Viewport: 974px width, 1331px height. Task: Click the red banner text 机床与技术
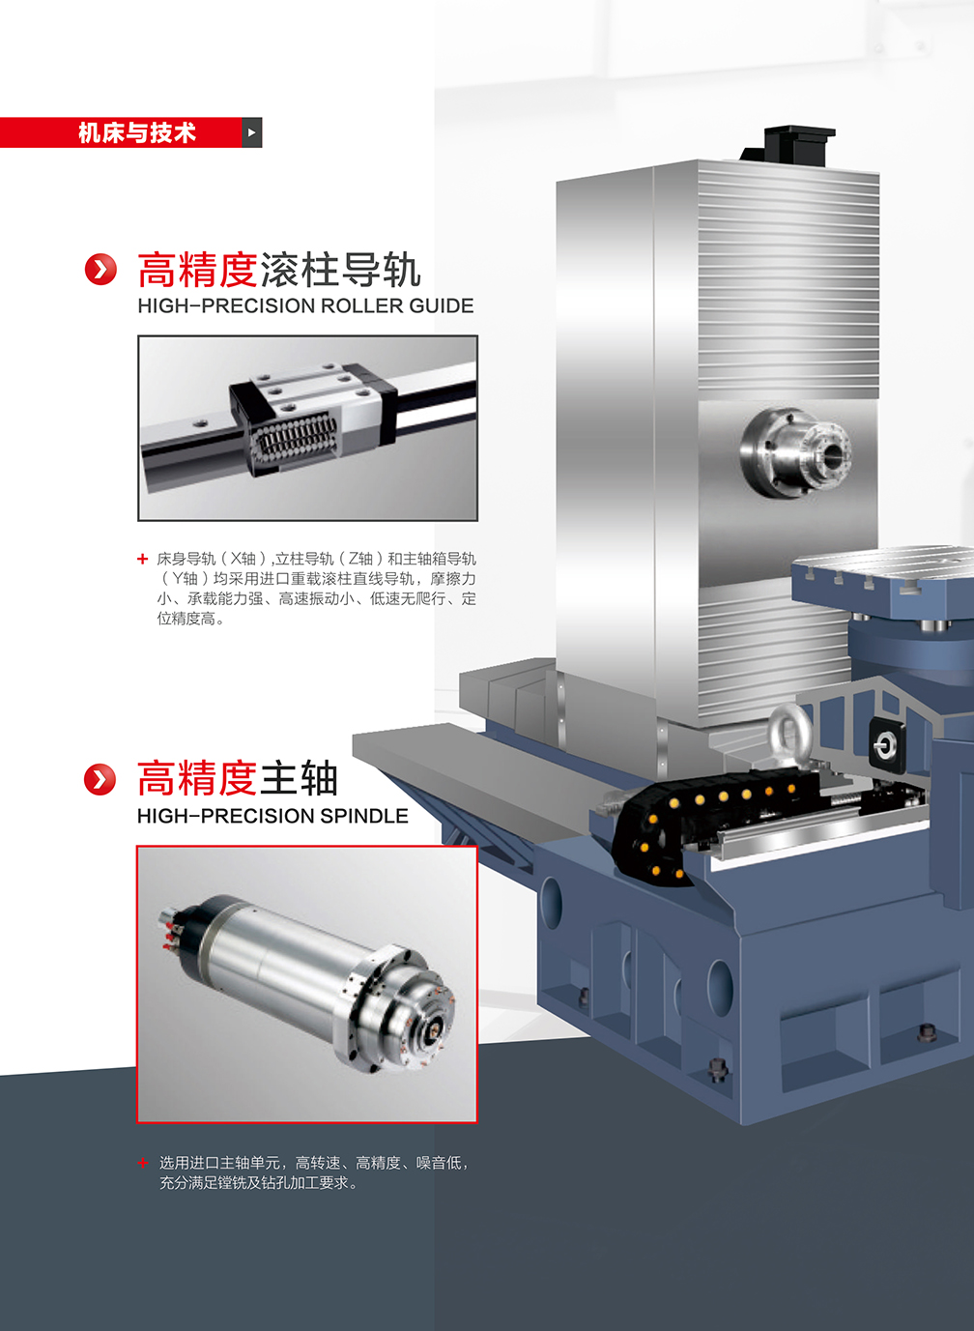137,132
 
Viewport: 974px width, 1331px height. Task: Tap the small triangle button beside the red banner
252,132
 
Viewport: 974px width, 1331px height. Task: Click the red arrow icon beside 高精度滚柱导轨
100,269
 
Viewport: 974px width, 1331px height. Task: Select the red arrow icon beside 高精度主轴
100,779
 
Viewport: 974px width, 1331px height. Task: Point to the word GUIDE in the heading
442,306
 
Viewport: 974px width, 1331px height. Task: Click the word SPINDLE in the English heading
364,816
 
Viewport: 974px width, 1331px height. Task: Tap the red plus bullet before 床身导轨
143,559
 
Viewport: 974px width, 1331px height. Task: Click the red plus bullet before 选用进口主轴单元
143,1162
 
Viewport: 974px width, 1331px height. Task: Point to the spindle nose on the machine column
796,453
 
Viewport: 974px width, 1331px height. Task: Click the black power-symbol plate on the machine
887,744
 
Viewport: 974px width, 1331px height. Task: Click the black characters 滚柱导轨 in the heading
340,269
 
